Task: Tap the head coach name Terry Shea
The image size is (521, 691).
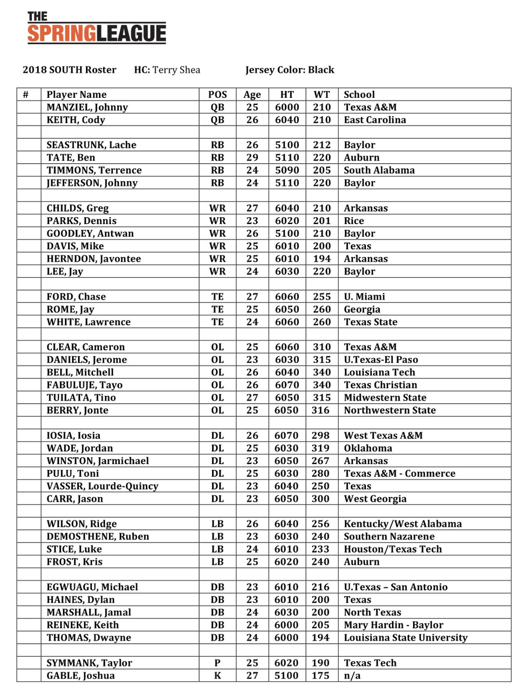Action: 176,70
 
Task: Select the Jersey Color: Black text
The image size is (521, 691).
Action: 290,70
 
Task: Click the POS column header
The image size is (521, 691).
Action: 218,94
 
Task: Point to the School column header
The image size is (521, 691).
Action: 359,94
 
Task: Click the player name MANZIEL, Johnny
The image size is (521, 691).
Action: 87,107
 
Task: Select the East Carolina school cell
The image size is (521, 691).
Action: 375,120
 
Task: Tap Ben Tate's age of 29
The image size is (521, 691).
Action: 252,158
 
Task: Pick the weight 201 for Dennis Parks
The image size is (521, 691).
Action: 322,221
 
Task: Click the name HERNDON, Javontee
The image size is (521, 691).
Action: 94,259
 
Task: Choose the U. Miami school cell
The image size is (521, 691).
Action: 364,297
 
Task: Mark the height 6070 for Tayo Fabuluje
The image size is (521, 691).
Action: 287,385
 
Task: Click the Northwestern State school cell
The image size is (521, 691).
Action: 389,410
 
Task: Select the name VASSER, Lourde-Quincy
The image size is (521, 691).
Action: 102,486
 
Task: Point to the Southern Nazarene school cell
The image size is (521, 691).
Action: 389,537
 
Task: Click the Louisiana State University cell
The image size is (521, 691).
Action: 406,637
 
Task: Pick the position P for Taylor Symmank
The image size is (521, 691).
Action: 218,663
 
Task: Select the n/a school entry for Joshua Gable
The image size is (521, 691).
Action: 352,675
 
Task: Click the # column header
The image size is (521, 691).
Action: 26,94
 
